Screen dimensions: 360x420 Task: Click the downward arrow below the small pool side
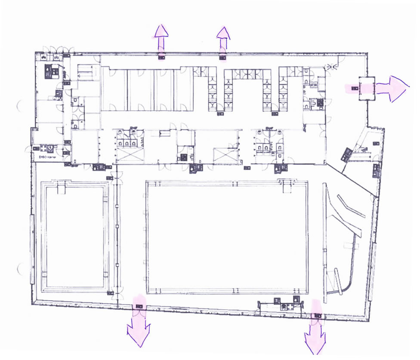(x=139, y=329)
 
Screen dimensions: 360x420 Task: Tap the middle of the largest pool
(x=227, y=236)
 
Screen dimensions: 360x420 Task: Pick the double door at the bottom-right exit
(x=317, y=317)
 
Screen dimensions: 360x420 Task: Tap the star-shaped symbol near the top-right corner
(x=331, y=66)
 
